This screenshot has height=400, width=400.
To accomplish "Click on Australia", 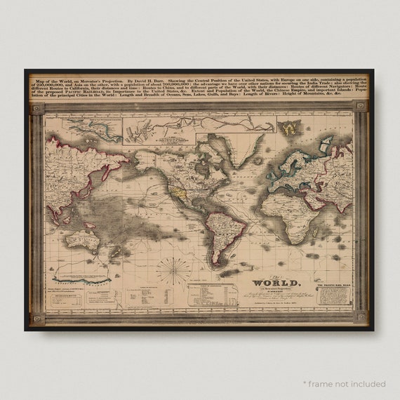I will pos(82,240).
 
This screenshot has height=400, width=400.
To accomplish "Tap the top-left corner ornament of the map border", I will pos(36,107).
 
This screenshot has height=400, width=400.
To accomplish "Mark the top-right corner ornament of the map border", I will pos(361,107).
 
